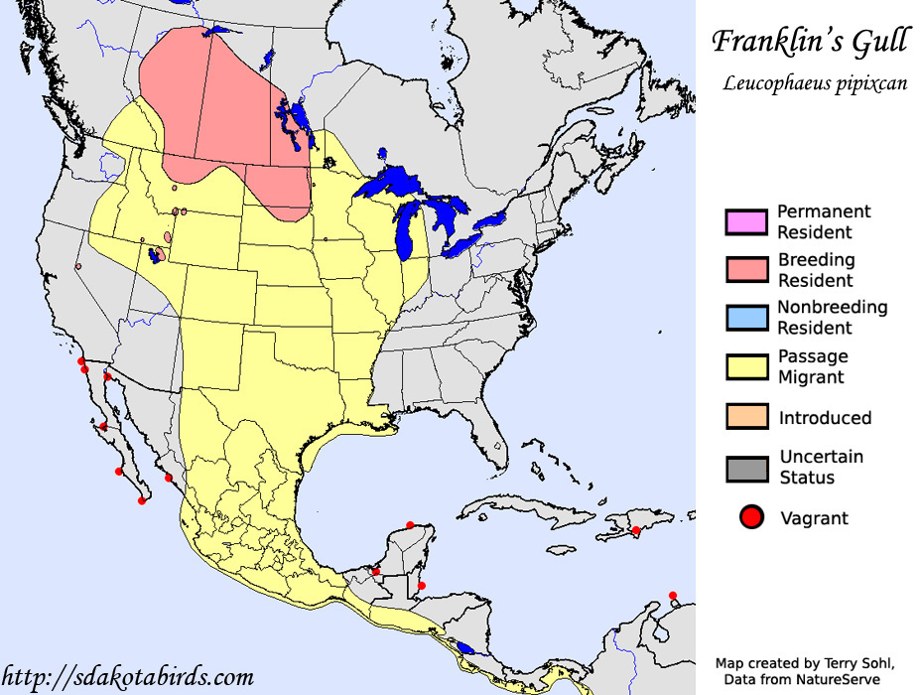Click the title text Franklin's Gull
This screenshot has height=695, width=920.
pos(808,42)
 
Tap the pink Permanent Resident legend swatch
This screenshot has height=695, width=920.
pos(746,222)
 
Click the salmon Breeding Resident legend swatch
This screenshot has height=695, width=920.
pos(746,269)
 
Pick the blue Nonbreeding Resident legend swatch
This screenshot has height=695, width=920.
pos(746,318)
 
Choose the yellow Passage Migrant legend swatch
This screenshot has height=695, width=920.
pos(746,366)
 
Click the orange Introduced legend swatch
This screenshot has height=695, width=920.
pos(746,416)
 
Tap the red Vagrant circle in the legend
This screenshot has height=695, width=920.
pos(751,517)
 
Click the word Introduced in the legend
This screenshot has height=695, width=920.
pos(825,418)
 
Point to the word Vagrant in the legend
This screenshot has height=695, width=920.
pos(814,518)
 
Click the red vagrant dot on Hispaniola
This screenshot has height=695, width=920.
pos(636,530)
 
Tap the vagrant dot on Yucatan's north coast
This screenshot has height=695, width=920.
pos(411,525)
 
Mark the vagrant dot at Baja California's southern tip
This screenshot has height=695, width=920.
pos(142,500)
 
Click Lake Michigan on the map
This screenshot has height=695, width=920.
pos(405,238)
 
